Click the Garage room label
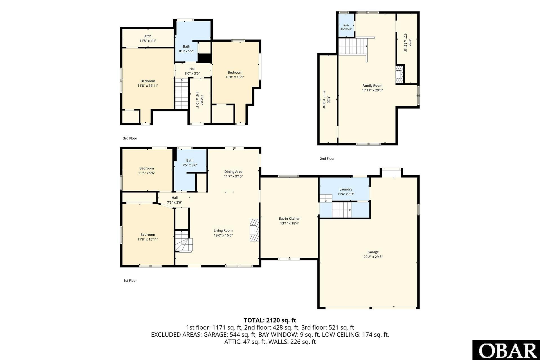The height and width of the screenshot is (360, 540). click(373, 252)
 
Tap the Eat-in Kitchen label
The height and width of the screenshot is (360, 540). click(289, 219)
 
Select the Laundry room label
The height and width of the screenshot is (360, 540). click(346, 189)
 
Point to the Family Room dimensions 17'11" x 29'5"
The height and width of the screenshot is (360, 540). click(372, 90)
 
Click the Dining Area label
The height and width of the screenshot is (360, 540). click(233, 172)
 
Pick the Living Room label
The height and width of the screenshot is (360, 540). click(223, 231)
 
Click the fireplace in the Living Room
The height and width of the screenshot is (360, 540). click(254, 230)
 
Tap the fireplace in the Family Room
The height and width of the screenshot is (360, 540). click(400, 74)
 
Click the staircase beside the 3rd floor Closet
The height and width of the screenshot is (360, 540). click(182, 94)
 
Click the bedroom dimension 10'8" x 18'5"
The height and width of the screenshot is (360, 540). click(235, 77)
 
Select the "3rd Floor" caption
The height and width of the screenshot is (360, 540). click(130, 138)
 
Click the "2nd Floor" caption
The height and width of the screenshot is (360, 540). click(327, 159)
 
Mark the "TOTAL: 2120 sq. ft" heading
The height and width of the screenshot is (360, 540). click(270, 320)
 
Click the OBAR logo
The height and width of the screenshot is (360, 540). click(506, 350)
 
